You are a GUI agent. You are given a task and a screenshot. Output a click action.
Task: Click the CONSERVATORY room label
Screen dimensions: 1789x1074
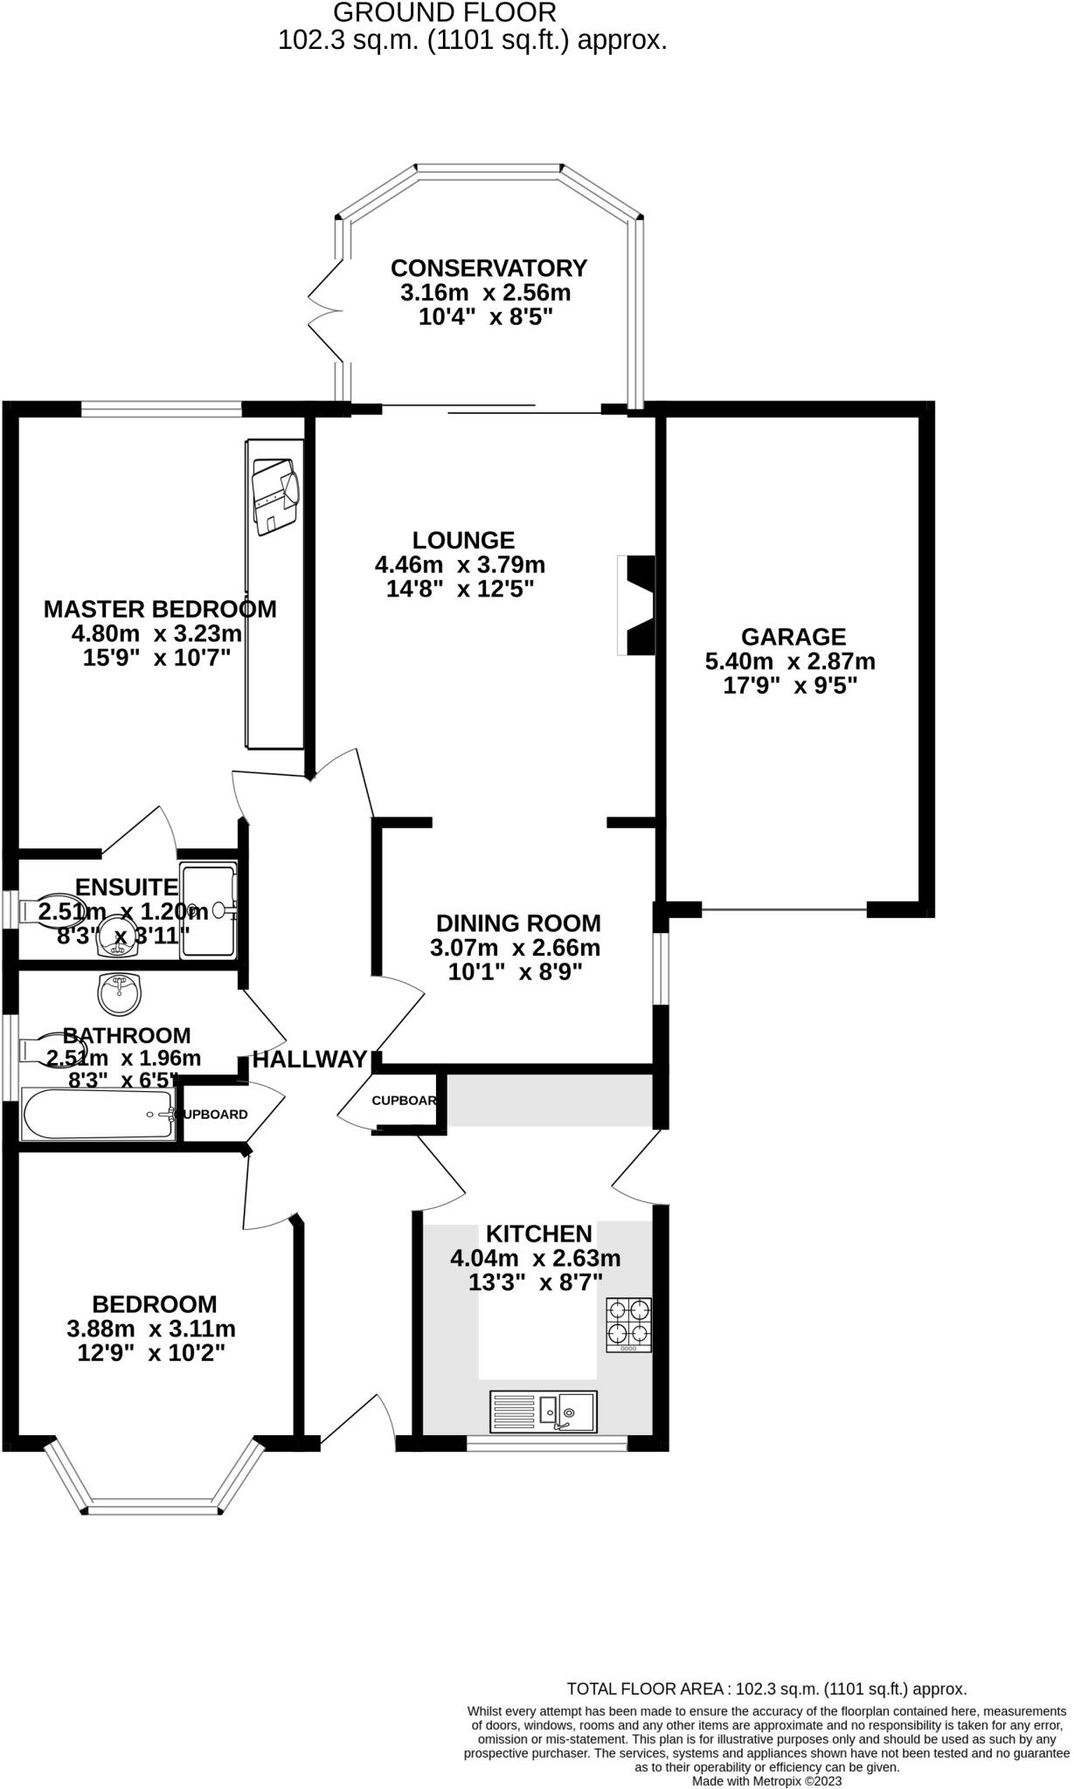[x=488, y=267]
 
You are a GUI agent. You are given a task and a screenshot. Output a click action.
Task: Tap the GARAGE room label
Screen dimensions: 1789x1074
[x=793, y=637]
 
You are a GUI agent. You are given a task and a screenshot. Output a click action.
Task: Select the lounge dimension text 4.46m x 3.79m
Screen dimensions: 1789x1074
[x=460, y=564]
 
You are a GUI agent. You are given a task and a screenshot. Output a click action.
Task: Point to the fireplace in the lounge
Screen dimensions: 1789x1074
[x=637, y=604]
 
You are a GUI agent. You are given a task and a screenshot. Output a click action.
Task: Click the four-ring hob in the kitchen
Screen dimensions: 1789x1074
[x=629, y=1324]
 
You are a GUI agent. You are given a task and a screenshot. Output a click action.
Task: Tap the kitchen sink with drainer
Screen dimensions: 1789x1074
[x=544, y=1411]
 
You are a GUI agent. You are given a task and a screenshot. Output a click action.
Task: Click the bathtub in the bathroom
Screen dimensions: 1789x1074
[x=98, y=1115]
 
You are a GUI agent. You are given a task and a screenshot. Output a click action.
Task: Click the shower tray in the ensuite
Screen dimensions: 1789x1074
[x=209, y=910]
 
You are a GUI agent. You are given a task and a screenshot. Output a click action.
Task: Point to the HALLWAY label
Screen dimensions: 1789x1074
[x=309, y=1060]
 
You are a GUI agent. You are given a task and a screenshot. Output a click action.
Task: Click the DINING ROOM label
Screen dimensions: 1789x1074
[x=518, y=922]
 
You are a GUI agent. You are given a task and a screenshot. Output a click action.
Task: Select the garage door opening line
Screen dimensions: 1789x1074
[x=784, y=910]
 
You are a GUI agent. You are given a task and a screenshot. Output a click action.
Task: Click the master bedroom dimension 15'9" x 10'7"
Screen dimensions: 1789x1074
[x=156, y=658]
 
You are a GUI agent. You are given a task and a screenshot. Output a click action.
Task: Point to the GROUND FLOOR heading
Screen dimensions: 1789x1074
[x=445, y=12]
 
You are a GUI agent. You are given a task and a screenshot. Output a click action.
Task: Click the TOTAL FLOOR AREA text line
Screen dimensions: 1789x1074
[x=766, y=1689]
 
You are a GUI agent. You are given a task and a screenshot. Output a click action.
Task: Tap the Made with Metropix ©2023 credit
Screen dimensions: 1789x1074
[x=766, y=1780]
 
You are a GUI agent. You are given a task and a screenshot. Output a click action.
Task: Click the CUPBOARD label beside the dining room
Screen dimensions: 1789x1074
[x=404, y=1100]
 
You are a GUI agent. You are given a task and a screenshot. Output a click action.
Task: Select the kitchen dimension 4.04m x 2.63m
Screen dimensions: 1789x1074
[x=535, y=1258]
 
